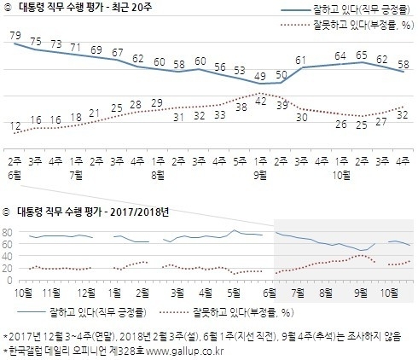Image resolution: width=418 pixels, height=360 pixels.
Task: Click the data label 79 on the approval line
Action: coord(15,35)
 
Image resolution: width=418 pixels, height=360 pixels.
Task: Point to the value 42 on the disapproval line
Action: coord(262,101)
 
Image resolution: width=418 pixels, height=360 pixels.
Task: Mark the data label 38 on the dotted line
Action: coord(241,109)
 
